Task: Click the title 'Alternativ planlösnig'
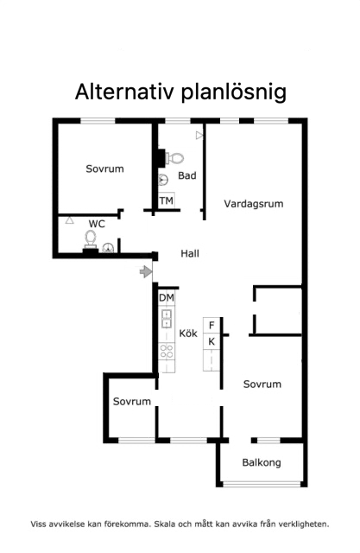click(x=180, y=92)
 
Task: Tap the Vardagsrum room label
click(x=254, y=204)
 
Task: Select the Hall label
click(x=190, y=253)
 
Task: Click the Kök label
click(x=188, y=334)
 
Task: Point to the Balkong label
click(x=262, y=463)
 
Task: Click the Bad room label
click(x=187, y=175)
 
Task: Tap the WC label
click(x=97, y=224)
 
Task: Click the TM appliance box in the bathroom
click(x=167, y=201)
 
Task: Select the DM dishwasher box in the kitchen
click(x=167, y=298)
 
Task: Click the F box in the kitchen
click(x=212, y=325)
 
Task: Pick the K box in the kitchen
click(x=212, y=341)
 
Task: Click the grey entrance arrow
click(x=146, y=272)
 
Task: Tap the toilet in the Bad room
click(x=174, y=157)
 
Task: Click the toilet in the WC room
click(x=91, y=238)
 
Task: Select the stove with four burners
click(x=167, y=352)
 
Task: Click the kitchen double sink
click(x=167, y=319)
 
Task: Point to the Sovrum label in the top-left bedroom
click(x=105, y=168)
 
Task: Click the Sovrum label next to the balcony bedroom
click(x=262, y=384)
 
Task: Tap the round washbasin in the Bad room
click(x=163, y=180)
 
